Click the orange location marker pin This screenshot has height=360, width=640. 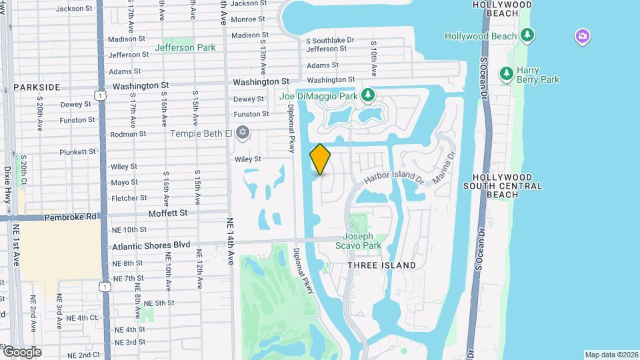pyautogui.click(x=320, y=159)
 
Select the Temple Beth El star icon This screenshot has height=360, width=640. pyautogui.click(x=243, y=133)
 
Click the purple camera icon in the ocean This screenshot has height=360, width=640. pyautogui.click(x=582, y=36)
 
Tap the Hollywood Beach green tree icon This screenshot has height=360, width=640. pyautogui.click(x=528, y=34)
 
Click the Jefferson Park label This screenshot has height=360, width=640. pyautogui.click(x=185, y=47)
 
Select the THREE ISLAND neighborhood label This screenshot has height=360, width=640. pyautogui.click(x=382, y=265)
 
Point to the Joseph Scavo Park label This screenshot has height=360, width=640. pyautogui.click(x=362, y=241)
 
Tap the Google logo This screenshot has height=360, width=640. pyautogui.click(x=22, y=351)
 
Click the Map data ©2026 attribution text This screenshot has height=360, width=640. pyautogui.click(x=611, y=355)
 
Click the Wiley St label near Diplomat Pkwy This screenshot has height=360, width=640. pyautogui.click(x=247, y=159)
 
